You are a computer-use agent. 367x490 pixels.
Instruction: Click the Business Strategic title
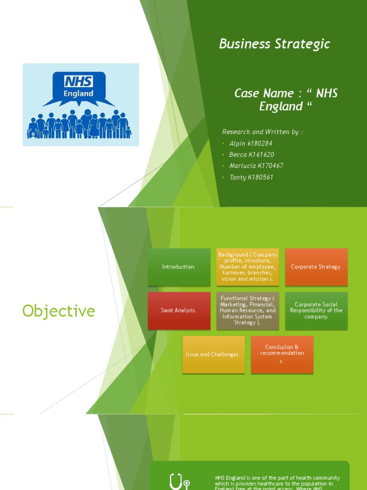pyautogui.click(x=274, y=44)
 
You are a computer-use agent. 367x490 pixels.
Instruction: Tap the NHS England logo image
pyautogui.click(x=81, y=105)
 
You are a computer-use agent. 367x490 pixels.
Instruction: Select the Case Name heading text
pyautogui.click(x=286, y=100)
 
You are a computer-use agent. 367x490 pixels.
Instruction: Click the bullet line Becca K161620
pyautogui.click(x=251, y=155)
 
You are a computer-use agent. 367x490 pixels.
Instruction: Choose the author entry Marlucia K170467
pyautogui.click(x=256, y=166)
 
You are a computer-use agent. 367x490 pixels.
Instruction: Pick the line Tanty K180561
pyautogui.click(x=251, y=178)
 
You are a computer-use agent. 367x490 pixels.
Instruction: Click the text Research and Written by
pyautogui.click(x=262, y=132)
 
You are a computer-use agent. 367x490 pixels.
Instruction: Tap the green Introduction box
pyautogui.click(x=179, y=267)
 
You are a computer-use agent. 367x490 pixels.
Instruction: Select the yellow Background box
pyautogui.click(x=248, y=267)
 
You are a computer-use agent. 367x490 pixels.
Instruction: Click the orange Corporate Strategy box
pyautogui.click(x=316, y=267)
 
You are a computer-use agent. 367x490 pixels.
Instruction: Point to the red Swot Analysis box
pyautogui.click(x=179, y=311)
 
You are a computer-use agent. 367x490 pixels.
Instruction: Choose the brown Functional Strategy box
pyautogui.click(x=248, y=311)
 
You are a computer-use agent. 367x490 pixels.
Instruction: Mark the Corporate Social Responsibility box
pyautogui.click(x=316, y=311)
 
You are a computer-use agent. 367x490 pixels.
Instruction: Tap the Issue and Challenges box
pyautogui.click(x=213, y=355)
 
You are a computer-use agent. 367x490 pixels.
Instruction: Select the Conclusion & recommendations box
pyautogui.click(x=282, y=355)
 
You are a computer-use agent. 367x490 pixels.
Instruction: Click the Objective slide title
pyautogui.click(x=59, y=312)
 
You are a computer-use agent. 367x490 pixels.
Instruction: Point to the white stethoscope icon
pyautogui.click(x=179, y=481)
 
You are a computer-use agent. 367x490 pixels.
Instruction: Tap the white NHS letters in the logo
pyautogui.click(x=78, y=81)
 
